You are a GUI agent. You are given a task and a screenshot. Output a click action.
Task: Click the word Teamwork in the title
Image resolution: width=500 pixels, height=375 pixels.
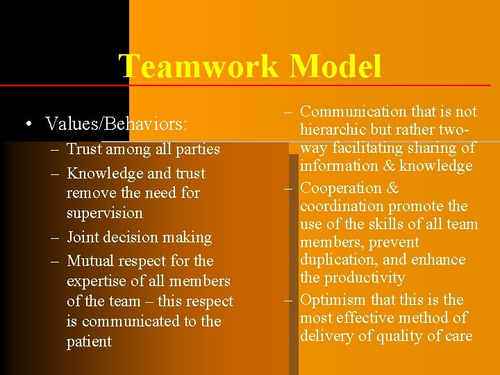point(199,67)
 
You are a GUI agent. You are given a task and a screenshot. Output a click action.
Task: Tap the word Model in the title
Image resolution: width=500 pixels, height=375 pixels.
point(335,67)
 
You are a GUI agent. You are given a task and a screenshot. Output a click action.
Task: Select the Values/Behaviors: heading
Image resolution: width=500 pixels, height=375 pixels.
point(116,124)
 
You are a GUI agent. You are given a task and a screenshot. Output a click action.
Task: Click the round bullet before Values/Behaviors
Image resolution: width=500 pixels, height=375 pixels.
point(26,124)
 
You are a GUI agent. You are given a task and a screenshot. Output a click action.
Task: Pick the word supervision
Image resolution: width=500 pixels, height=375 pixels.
point(105,213)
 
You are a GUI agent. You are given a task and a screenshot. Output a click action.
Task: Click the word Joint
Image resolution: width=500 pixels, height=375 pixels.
point(83,237)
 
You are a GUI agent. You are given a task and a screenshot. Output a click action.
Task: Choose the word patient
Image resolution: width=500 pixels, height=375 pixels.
point(89,342)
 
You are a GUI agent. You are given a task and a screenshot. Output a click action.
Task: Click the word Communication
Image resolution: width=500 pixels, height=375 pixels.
point(353,111)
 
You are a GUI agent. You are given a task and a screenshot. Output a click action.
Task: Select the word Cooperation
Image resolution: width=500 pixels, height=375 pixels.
point(339,188)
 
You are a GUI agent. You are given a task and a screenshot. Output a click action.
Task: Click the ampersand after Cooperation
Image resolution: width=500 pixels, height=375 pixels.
point(392,188)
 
